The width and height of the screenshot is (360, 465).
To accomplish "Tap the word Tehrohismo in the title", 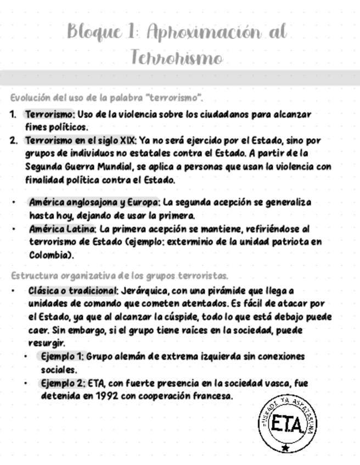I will [177, 57].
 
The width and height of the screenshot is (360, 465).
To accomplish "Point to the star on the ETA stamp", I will [286, 448].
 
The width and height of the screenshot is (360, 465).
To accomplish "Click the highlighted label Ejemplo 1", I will [61, 357].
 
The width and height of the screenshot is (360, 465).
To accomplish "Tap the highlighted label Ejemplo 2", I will [61, 383].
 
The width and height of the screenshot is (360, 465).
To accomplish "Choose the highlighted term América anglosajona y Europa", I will [94, 202].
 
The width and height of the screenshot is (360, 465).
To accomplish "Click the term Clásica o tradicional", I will [73, 291].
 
